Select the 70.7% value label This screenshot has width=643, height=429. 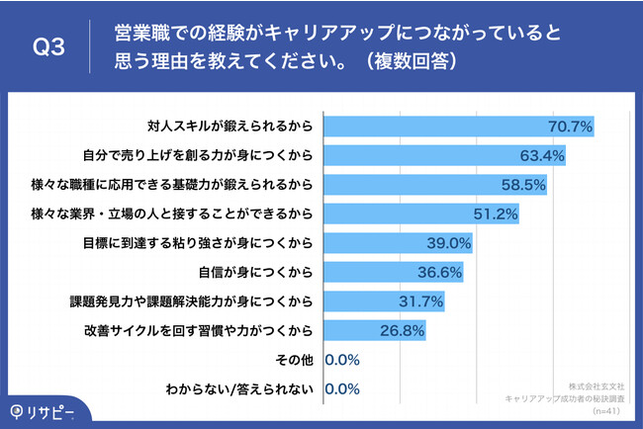[x=570, y=127]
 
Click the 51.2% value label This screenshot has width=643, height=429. [x=495, y=214]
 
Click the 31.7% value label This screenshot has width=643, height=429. [x=418, y=300]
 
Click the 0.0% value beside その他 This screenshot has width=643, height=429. [x=341, y=359]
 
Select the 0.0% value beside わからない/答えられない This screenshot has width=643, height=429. [x=341, y=388]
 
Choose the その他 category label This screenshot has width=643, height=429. [x=296, y=359]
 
